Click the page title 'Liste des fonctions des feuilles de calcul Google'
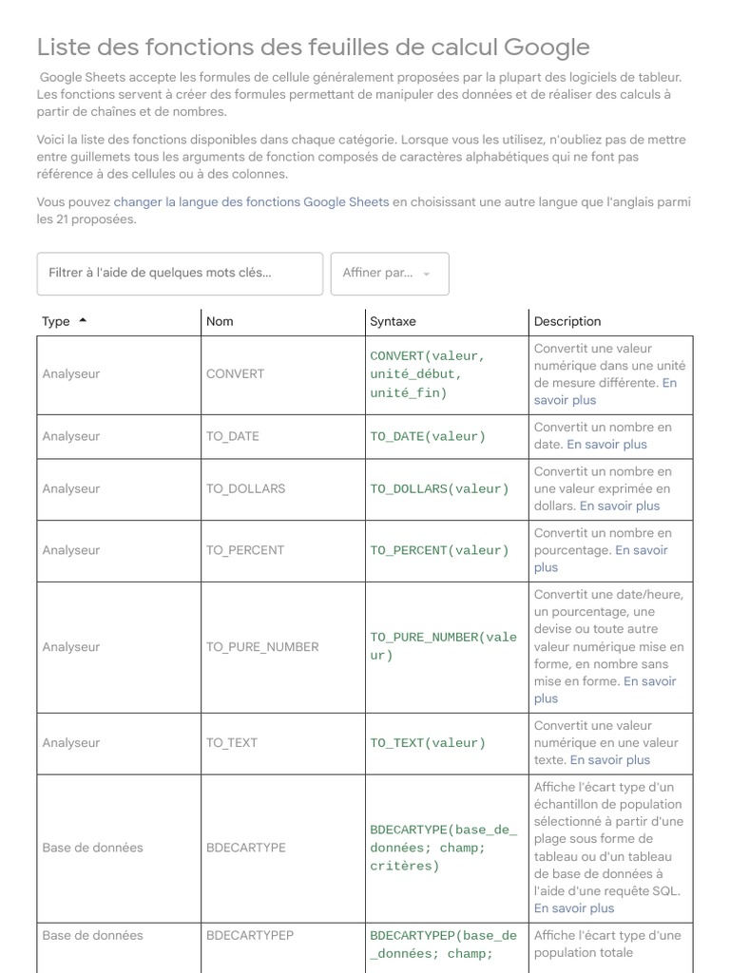[313, 48]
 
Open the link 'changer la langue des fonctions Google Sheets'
[251, 201]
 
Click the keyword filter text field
[180, 273]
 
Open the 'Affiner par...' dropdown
[389, 273]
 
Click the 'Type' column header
[56, 321]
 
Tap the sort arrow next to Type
[83, 320]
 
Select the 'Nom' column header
[220, 321]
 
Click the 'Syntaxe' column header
[393, 321]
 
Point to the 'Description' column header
[567, 321]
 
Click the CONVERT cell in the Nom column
[235, 373]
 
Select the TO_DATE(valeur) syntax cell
[427, 436]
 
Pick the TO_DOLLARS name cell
[245, 488]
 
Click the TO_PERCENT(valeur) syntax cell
[439, 550]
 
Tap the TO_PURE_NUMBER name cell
[262, 646]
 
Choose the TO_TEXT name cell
[232, 742]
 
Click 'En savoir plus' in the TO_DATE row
[606, 444]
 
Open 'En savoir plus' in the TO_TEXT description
[610, 759]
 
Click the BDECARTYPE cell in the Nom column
[245, 847]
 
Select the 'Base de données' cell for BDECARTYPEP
[92, 935]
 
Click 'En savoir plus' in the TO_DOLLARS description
[619, 506]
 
